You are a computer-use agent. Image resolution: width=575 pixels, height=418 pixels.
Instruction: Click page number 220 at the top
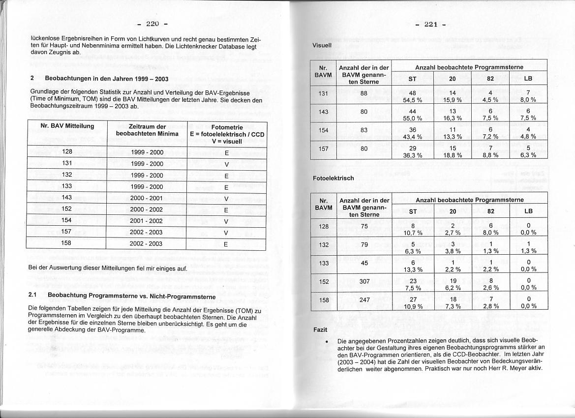(153, 23)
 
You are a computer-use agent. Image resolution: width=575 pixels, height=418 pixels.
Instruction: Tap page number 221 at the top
(430, 24)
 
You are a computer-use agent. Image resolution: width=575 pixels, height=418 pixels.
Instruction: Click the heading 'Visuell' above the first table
(322, 45)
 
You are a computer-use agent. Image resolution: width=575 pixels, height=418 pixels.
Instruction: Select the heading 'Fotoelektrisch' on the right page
(333, 178)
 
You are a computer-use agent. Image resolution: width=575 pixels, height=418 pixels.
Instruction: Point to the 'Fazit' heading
(320, 329)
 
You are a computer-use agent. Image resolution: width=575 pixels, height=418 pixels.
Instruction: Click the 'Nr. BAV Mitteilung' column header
(67, 126)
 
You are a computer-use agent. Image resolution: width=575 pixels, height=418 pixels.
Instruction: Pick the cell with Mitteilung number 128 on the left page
(67, 152)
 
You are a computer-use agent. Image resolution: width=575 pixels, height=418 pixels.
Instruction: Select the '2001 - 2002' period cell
(146, 221)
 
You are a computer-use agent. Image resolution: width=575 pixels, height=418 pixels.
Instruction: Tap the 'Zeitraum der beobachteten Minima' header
(146, 130)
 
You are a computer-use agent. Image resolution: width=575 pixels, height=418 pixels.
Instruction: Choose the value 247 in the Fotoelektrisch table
(364, 299)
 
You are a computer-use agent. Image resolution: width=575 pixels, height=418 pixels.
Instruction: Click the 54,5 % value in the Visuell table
(413, 100)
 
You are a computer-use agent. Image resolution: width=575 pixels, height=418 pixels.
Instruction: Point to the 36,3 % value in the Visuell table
(413, 155)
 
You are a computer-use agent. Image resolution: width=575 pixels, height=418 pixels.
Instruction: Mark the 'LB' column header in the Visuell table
(528, 78)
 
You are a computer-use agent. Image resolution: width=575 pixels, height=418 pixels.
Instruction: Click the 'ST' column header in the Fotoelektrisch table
(413, 211)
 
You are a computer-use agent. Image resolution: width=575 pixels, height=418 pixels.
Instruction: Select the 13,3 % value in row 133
(413, 269)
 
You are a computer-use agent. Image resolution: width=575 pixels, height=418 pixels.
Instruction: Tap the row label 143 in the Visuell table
(323, 112)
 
